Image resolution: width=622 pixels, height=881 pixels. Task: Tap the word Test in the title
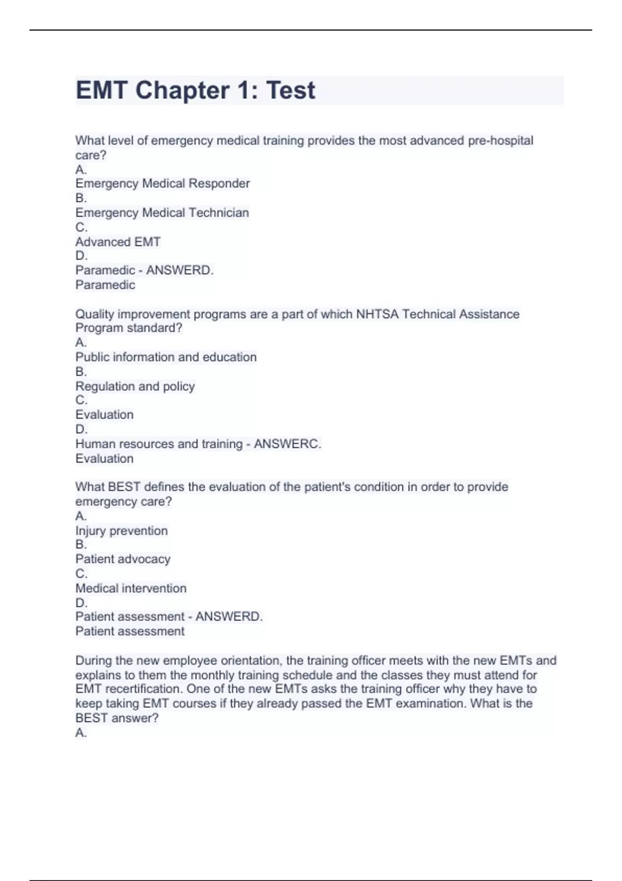[x=290, y=91]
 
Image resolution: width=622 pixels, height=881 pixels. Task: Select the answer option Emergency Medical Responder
[x=162, y=183]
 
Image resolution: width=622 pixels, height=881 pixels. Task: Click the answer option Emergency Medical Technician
[x=162, y=212]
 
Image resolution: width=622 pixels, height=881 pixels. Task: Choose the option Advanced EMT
[x=118, y=242]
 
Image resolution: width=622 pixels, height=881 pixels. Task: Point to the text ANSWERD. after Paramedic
[x=180, y=270]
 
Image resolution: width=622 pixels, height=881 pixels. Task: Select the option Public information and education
[x=166, y=357]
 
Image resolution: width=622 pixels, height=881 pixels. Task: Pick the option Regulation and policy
[x=135, y=386]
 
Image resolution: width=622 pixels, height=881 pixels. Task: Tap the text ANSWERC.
[x=287, y=444]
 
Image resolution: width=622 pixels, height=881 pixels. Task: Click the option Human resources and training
[x=159, y=444]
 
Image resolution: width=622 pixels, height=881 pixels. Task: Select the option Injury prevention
[x=121, y=531]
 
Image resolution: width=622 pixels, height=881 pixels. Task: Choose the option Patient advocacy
[x=123, y=559]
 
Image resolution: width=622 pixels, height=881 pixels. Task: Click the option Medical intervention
[x=131, y=588]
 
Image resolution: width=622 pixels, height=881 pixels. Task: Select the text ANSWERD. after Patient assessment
[x=229, y=617]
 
